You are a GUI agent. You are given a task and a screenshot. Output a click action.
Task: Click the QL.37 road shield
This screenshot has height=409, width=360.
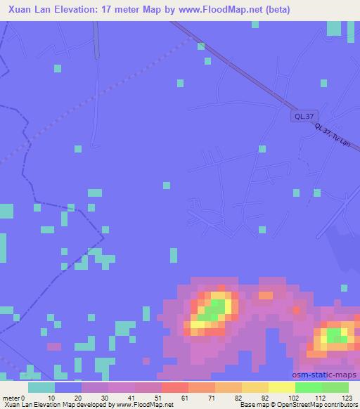(303, 117)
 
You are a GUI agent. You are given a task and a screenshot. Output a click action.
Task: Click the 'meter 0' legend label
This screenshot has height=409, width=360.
(15, 398)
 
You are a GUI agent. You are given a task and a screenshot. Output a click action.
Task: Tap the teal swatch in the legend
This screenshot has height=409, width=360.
(41, 387)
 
